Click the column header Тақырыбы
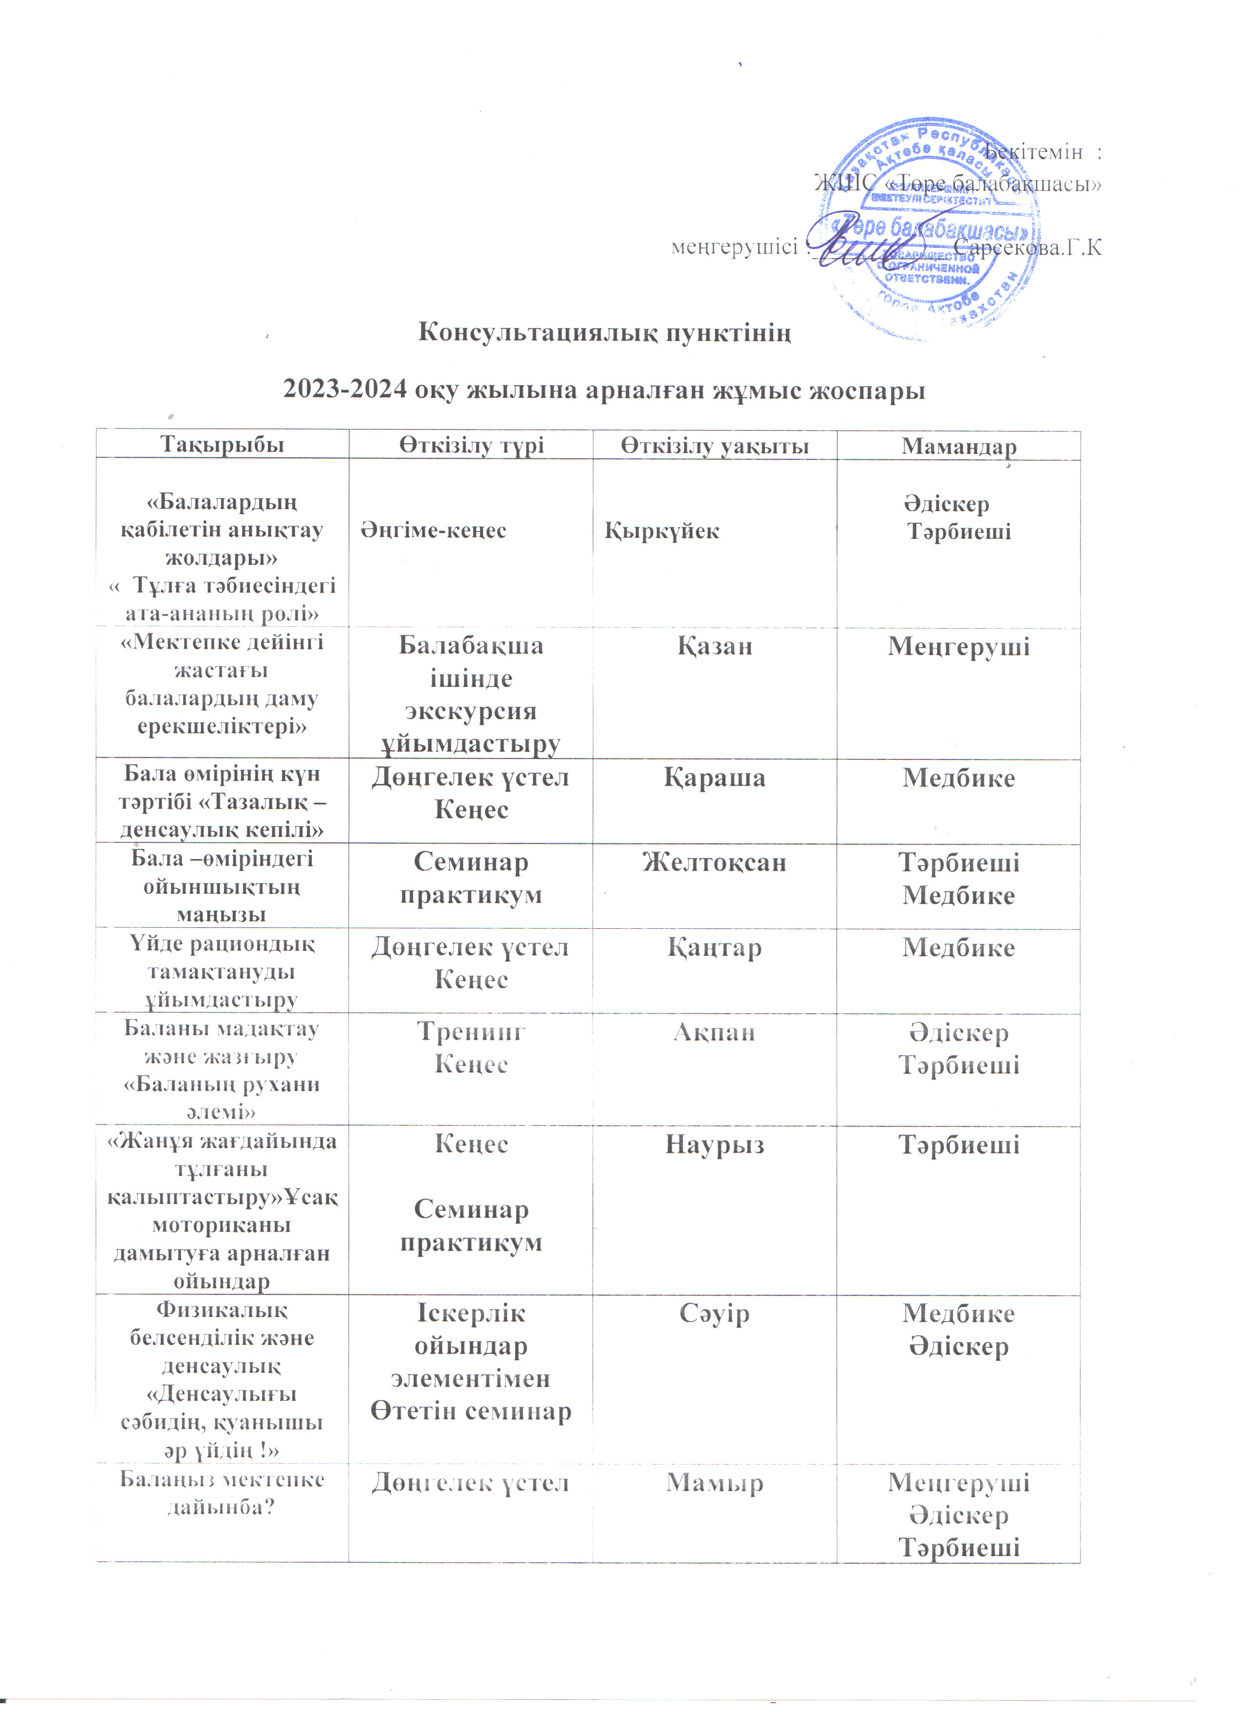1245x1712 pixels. [222, 445]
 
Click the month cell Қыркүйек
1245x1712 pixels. [662, 530]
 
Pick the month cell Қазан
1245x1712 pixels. [714, 646]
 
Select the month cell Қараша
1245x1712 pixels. [714, 778]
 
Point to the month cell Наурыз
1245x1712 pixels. [714, 1145]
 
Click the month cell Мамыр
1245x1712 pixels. [714, 1483]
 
